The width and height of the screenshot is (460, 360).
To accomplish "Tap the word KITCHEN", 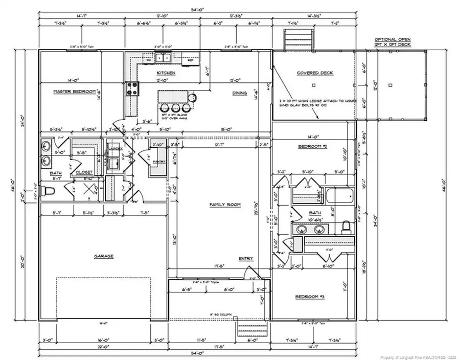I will pos(166,74).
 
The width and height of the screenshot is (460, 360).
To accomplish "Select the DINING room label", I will pos(239,93).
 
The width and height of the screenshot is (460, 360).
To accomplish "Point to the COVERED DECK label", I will pos(315,73).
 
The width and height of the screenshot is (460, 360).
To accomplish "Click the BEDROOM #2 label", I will pos(312,147).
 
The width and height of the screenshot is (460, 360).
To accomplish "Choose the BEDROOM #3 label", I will pos(311,297).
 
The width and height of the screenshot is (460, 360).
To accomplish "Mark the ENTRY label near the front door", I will pos(245,259).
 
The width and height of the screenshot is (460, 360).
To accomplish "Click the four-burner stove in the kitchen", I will pos(132,89).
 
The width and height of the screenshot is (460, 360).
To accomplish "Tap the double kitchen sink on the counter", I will pos(164,58).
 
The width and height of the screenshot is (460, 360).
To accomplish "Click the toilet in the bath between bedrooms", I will pos(346,226).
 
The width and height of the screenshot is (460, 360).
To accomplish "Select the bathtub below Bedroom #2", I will pos(338,196).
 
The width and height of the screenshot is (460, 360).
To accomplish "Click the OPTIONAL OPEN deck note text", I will pos(392,42).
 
